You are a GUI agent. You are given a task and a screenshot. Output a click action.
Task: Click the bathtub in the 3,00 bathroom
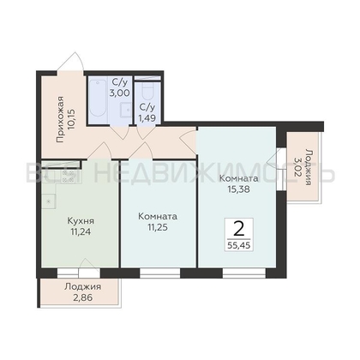click(98, 99)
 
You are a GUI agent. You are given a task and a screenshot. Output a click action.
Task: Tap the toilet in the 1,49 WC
click(147, 89)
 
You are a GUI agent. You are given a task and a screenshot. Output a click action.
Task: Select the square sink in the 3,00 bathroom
click(125, 110)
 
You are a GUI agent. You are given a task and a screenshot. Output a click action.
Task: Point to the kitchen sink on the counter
click(49, 201)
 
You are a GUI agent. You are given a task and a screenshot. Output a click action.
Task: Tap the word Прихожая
click(60, 120)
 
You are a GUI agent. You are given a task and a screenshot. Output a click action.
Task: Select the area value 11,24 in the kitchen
click(81, 231)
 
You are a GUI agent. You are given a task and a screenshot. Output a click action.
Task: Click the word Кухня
click(81, 221)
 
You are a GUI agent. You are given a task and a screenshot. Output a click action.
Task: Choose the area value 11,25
click(158, 227)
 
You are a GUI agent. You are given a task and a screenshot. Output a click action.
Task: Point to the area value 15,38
click(238, 189)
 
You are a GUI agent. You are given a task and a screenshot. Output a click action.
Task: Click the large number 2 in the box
click(239, 229)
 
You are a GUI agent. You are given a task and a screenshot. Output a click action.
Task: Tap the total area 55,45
click(239, 245)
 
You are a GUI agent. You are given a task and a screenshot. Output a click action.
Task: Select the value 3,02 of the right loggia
click(297, 166)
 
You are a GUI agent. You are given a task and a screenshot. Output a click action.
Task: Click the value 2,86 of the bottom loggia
click(83, 297)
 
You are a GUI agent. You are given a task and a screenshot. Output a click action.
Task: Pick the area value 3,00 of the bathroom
click(120, 93)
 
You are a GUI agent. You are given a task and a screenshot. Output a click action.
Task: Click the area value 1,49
click(147, 117)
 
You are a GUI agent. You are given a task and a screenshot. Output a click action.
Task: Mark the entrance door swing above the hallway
click(70, 62)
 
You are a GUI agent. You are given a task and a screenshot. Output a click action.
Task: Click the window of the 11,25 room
click(160, 273)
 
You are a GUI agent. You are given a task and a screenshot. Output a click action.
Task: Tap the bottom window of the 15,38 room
click(244, 273)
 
